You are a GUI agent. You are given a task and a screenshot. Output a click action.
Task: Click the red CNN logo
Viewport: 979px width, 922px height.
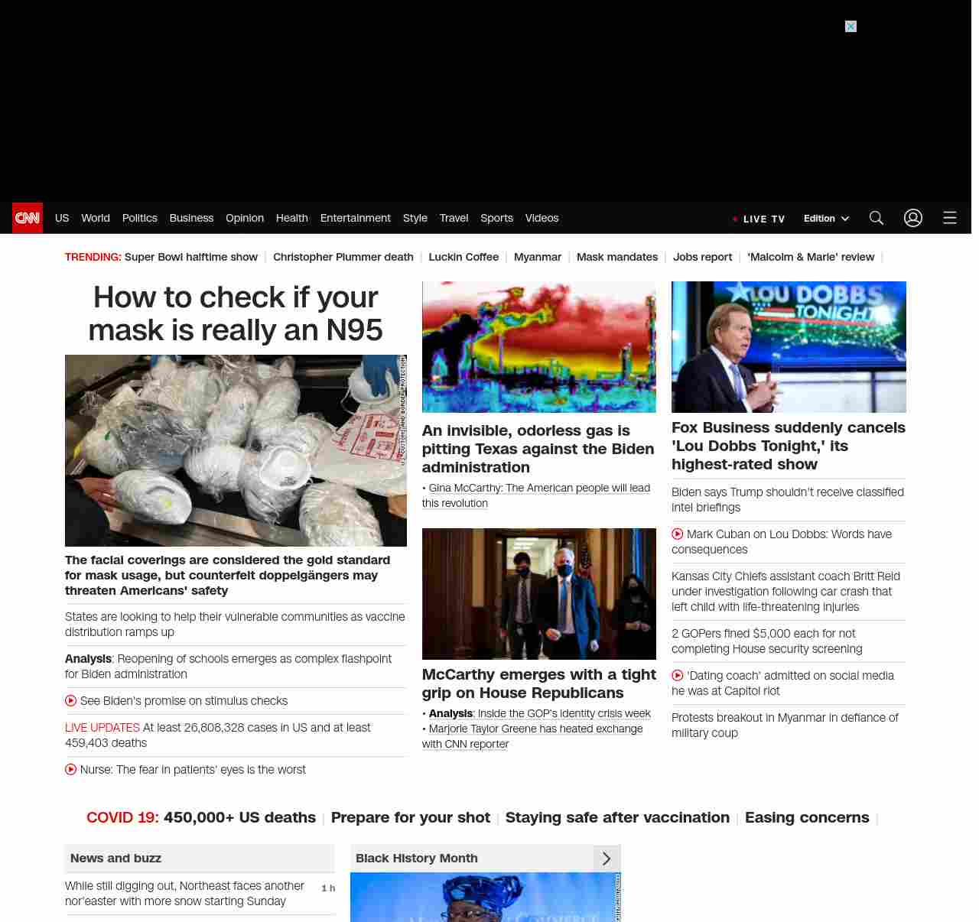pos(28,218)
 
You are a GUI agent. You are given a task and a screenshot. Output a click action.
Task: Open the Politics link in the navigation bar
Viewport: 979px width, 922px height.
pos(139,218)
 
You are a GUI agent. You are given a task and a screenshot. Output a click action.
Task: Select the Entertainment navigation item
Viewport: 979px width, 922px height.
pos(355,218)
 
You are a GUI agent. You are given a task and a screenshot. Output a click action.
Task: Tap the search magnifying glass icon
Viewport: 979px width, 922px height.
pos(877,218)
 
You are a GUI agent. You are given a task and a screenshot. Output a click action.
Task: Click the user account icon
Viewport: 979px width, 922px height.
pos(913,218)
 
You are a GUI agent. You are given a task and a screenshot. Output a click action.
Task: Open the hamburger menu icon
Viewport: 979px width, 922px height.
pos(950,218)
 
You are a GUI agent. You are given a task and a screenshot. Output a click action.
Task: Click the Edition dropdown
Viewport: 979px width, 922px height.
pos(826,219)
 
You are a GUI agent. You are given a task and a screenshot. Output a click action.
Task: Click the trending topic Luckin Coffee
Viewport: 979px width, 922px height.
pos(463,257)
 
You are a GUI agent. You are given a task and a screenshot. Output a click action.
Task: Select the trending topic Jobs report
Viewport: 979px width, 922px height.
pos(702,257)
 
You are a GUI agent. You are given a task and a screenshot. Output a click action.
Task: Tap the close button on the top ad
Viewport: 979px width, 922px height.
pos(851,27)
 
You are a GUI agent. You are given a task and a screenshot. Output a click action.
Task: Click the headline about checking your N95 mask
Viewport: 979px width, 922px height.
pos(236,313)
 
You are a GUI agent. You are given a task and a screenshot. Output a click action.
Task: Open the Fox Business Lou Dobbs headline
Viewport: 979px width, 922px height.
pos(788,446)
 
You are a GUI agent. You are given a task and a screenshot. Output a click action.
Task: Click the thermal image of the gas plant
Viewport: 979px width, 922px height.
pos(538,347)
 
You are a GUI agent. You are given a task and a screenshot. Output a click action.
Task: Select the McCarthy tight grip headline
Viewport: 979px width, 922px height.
pos(538,683)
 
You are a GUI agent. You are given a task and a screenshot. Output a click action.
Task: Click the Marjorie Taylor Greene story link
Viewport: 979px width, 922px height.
pos(535,729)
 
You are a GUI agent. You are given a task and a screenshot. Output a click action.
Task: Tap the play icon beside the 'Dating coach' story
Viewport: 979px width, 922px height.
pos(678,676)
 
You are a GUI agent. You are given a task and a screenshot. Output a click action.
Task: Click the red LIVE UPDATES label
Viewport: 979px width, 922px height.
pos(102,728)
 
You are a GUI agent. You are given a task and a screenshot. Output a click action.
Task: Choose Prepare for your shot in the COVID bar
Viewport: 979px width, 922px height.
pos(410,817)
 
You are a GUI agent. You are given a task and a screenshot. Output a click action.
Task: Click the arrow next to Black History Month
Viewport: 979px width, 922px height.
pos(607,859)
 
